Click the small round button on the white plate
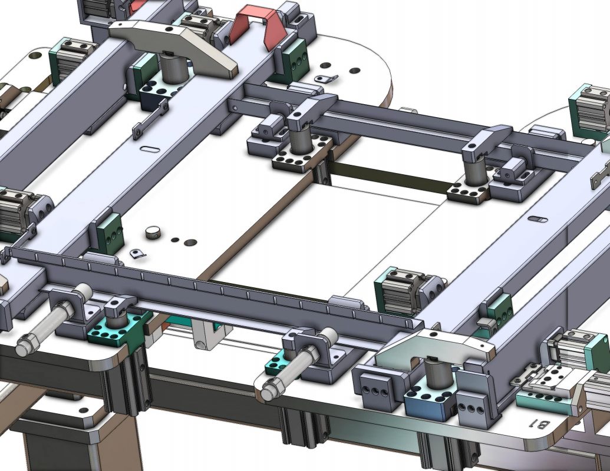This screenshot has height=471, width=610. point(154,233)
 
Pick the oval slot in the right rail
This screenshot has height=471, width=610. point(538,220)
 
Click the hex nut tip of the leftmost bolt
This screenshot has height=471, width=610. point(24,345)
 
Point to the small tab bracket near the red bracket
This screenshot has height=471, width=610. point(326,79)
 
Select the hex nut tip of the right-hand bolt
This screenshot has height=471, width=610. point(269,389)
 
